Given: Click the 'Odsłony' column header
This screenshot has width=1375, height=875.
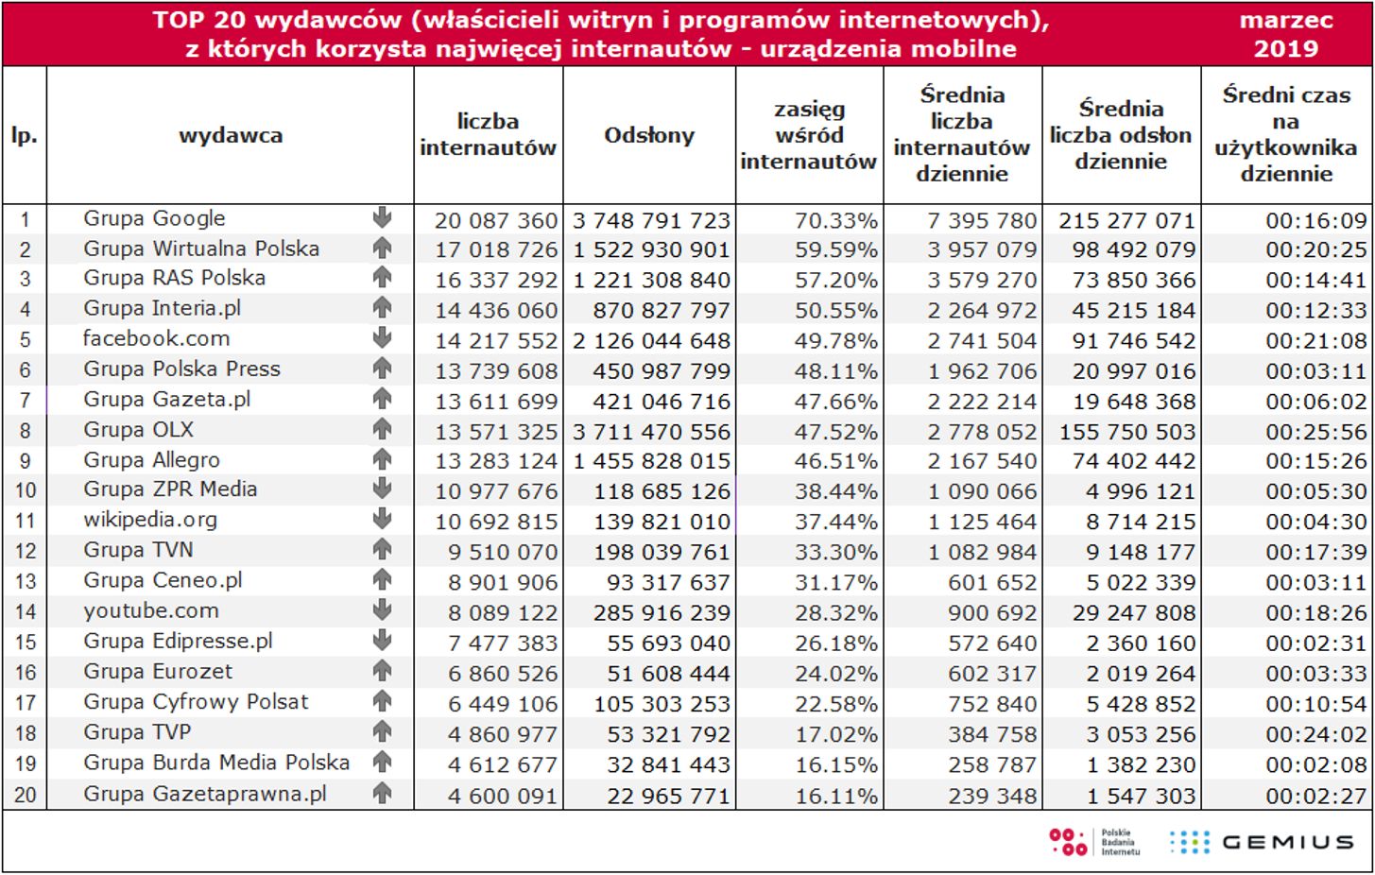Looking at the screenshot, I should [649, 135].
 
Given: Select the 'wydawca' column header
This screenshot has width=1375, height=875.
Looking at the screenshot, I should [231, 135].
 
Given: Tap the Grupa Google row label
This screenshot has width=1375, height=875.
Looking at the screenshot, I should [154, 218].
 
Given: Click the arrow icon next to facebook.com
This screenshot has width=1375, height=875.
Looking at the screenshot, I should [382, 337].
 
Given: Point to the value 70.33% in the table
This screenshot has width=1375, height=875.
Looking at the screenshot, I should [835, 220].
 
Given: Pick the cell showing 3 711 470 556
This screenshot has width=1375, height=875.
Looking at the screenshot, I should [651, 432].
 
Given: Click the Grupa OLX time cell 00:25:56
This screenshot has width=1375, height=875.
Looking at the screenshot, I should [1315, 432].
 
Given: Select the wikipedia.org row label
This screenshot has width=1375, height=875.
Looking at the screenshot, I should [150, 520].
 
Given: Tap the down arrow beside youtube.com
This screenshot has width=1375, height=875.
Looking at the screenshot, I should [382, 610].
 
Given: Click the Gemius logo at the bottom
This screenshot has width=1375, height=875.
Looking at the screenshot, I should [1261, 842].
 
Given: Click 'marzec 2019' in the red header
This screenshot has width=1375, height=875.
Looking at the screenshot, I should [1285, 34].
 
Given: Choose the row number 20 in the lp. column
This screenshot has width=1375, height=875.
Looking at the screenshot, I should [25, 796].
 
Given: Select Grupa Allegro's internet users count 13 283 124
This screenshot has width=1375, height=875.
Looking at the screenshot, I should [496, 462].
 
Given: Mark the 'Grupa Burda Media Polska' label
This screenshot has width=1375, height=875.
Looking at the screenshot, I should [216, 763].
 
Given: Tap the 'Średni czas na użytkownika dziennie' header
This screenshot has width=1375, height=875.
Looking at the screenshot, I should [1285, 134].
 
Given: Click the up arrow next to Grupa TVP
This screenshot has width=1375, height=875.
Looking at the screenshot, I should [382, 731].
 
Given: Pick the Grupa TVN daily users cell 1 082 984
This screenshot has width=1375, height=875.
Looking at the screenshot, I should [982, 553].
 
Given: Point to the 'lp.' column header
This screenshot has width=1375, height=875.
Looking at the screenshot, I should [25, 135].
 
